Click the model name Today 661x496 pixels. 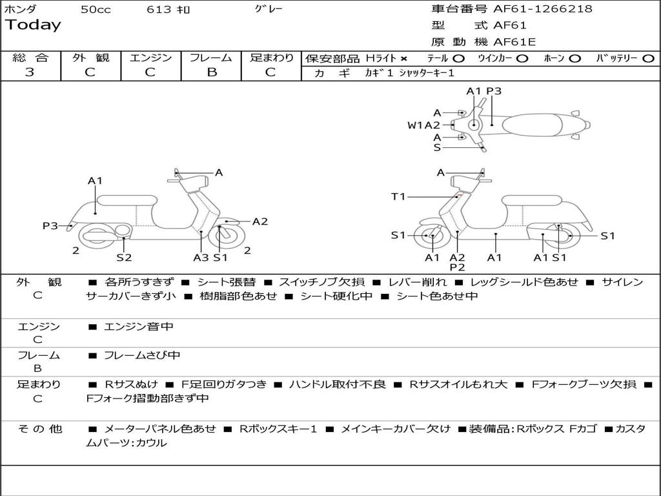tap(33, 25)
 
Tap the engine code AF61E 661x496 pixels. tap(514, 42)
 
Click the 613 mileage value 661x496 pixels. tap(159, 10)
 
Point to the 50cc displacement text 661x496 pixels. tap(96, 10)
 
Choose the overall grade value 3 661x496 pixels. tap(30, 72)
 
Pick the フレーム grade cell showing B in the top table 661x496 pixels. tap(211, 72)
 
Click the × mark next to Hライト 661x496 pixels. tap(404, 59)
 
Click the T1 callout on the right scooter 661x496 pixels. tap(398, 196)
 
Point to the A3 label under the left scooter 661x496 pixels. tap(201, 258)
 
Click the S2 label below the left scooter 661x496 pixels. tap(124, 258)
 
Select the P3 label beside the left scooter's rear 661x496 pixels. tap(50, 225)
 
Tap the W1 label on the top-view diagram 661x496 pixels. tap(414, 125)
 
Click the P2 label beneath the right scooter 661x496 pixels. tap(457, 267)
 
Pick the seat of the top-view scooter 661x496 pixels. tap(533, 124)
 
